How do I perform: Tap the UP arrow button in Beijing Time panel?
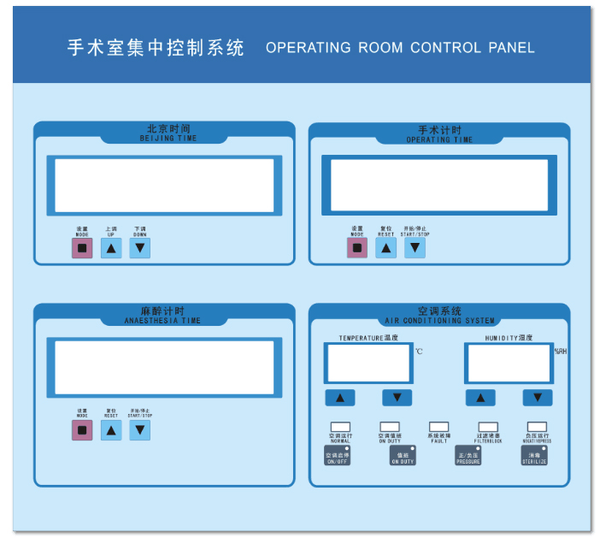tap(111, 248)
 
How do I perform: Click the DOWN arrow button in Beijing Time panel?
tap(139, 248)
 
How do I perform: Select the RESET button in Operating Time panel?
tap(386, 247)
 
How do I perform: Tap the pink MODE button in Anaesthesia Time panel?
tap(82, 430)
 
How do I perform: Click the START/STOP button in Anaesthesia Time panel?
tap(139, 430)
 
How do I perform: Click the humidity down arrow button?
tap(537, 398)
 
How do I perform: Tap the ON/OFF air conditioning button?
tap(338, 457)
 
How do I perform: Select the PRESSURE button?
tap(468, 457)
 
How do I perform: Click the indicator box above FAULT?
tap(438, 426)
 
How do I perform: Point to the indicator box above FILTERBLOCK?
tap(488, 426)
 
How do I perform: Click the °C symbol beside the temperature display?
tap(419, 352)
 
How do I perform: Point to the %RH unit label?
tap(561, 352)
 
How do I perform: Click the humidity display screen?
tap(509, 363)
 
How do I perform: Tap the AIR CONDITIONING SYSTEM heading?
tap(439, 316)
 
